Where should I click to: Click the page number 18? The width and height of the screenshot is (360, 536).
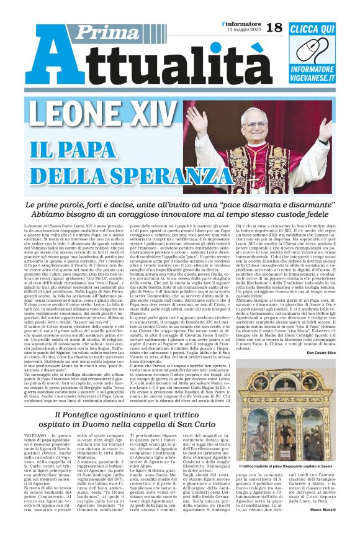pos(274,28)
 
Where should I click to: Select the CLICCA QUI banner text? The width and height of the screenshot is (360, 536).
pos(312,28)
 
